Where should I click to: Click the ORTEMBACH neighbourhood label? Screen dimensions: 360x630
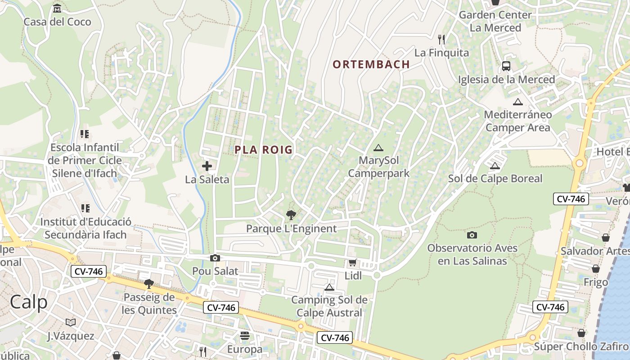coord(371,64)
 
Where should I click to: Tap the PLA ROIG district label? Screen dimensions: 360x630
coord(264,150)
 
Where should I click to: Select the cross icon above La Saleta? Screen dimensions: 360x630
coord(207,166)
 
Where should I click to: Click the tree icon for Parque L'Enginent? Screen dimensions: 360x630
coord(291,215)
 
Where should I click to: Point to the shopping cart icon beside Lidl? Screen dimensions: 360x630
coord(352,263)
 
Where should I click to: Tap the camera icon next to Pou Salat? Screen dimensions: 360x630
coord(215,258)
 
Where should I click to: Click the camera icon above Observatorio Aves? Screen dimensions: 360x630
coord(472,235)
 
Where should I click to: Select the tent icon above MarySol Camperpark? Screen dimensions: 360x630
coord(378,148)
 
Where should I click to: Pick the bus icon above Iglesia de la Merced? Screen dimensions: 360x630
coord(506,66)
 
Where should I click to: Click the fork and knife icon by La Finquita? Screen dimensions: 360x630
coord(441,40)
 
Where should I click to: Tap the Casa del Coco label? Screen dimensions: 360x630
coord(57,22)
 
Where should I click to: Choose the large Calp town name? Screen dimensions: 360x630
coord(28,302)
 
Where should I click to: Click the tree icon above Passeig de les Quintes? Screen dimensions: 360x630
coord(148,283)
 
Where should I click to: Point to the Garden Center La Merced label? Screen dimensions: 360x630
coord(495,21)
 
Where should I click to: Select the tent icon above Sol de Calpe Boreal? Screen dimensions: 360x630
coord(495,166)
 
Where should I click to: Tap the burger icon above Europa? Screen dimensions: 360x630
coord(245,336)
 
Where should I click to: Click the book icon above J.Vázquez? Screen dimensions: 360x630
coord(71,322)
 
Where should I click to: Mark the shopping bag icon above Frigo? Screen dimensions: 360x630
coord(596,269)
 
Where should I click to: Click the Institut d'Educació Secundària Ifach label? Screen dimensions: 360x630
coord(85,228)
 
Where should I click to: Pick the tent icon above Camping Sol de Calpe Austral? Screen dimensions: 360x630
coord(329,287)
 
